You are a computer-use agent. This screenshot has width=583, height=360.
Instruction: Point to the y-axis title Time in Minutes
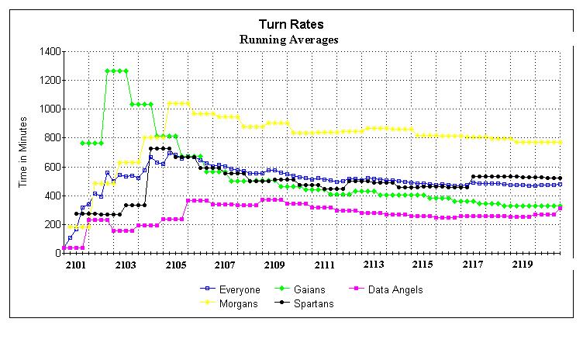tap(24, 151)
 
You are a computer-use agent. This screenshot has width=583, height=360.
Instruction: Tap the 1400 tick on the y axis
tap(47, 51)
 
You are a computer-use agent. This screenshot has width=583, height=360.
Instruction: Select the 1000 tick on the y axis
tap(47, 109)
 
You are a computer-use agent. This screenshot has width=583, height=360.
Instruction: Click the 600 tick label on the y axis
tap(49, 167)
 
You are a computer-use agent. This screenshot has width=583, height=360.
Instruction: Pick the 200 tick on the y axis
tap(49, 224)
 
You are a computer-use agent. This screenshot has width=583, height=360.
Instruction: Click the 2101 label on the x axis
tap(75, 265)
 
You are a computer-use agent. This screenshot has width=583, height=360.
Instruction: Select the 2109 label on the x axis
tap(274, 265)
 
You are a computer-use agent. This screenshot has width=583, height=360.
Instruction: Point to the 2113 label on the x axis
tap(374, 265)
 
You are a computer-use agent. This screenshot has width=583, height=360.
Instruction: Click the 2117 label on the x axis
tap(473, 265)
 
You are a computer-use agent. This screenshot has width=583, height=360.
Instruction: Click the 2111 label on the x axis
tap(324, 265)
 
